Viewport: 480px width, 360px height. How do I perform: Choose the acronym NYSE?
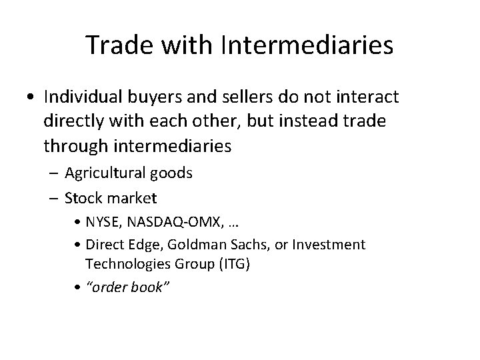102,221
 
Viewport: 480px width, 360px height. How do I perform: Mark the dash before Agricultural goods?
55,174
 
